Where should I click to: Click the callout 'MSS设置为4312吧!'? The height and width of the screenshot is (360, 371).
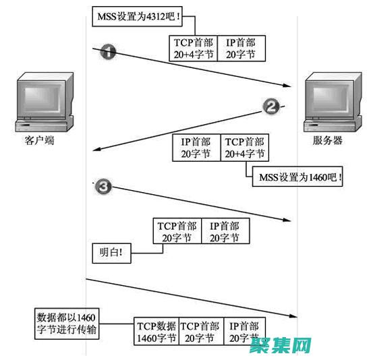point(138,16)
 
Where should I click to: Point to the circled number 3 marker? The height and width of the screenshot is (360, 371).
point(103,187)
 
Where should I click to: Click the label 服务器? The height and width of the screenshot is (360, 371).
point(328,141)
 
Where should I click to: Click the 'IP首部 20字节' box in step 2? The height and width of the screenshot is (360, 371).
point(196,148)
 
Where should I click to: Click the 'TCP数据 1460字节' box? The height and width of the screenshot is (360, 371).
point(156,331)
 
